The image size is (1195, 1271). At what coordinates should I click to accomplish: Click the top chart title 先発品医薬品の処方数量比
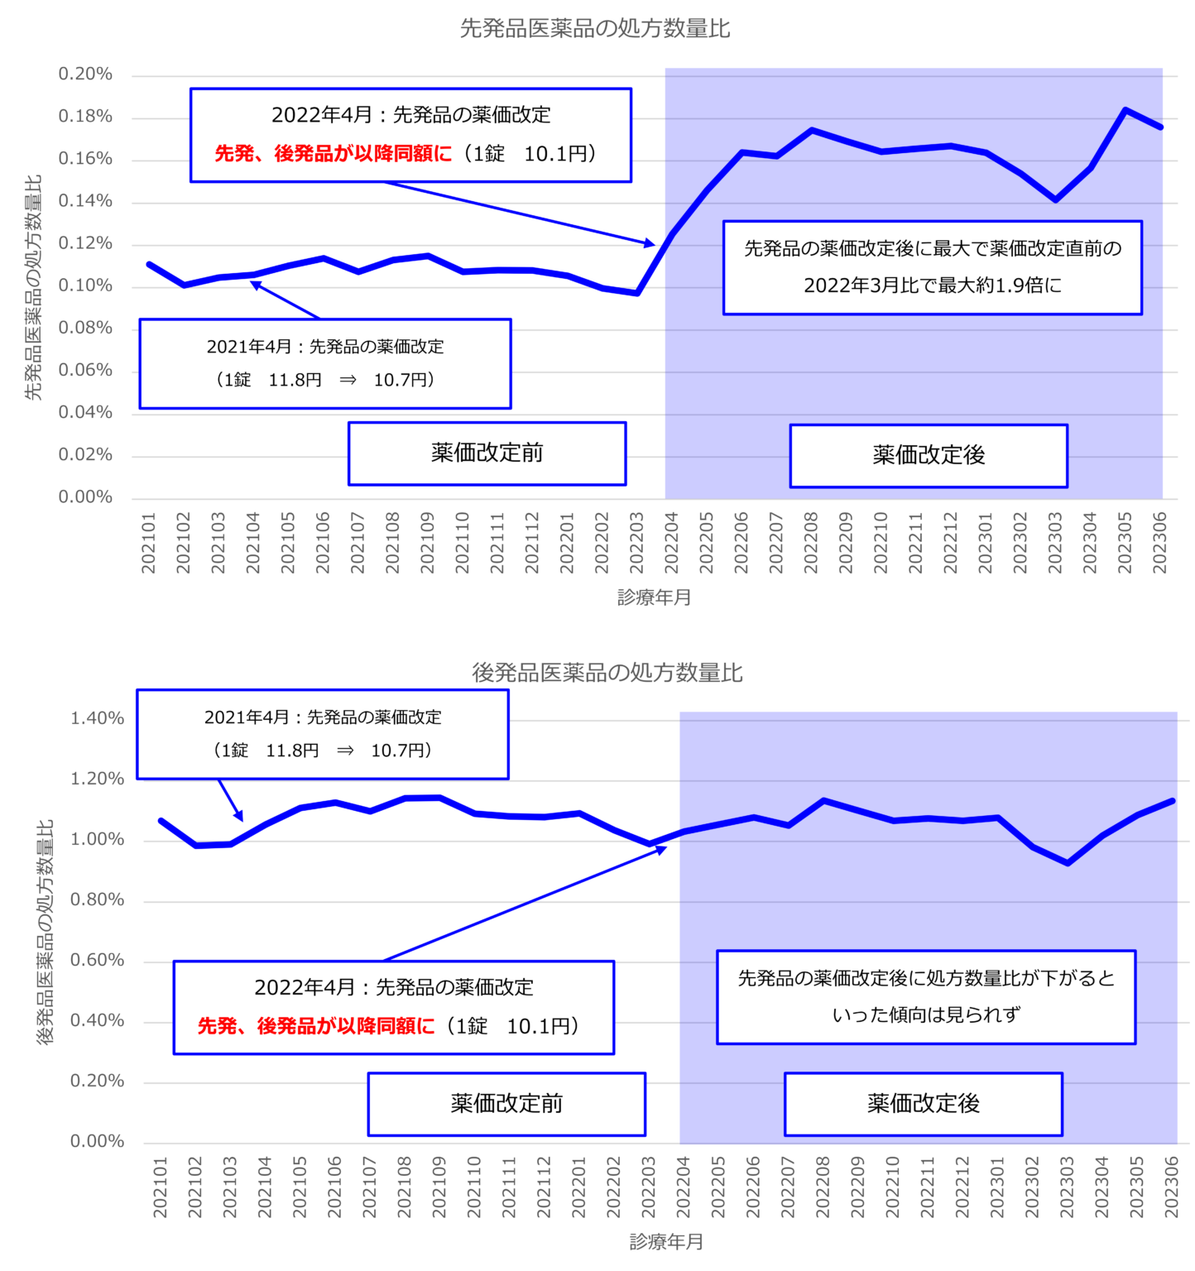coord(594,29)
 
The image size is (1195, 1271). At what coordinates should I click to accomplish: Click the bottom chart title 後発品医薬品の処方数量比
coord(607,673)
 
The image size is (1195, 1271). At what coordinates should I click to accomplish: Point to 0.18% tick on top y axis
coord(85,117)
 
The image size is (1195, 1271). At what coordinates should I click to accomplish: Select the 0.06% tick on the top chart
coord(85,370)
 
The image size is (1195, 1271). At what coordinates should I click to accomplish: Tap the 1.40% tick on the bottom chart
coord(97,718)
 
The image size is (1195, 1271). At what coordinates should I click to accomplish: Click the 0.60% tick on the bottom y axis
coord(97,960)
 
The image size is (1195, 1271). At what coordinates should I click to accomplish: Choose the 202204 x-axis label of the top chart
coord(671,543)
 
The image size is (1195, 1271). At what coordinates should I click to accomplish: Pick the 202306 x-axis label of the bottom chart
coord(1171,1187)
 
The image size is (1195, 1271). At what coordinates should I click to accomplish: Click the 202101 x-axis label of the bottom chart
coord(160,1187)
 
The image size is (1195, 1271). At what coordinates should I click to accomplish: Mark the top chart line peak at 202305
coord(1125,110)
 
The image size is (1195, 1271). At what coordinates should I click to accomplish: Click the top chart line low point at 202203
coord(637,293)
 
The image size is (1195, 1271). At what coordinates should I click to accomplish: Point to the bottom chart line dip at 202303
coord(1068,863)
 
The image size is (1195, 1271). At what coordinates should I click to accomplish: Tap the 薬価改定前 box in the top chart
coord(487,453)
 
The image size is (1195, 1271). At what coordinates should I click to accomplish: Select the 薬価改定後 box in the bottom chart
coord(923,1103)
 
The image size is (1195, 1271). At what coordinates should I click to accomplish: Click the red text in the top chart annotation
coord(334,154)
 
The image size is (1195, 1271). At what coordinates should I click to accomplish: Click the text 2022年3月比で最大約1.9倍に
coord(932,285)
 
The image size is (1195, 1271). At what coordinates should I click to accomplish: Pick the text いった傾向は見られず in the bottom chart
coord(926,1014)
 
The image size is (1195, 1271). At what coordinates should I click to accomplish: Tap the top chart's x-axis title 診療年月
coord(654,597)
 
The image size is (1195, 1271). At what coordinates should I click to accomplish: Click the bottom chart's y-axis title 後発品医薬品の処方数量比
coord(46,932)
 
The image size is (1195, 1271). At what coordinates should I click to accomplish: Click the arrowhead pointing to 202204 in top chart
coord(650,243)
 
